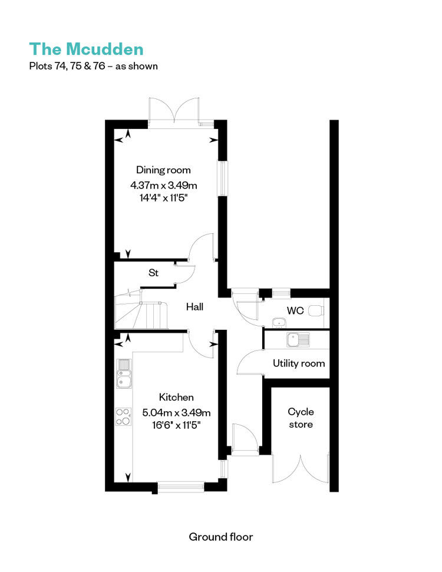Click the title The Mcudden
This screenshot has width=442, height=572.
[87, 49]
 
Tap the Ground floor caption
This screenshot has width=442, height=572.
[221, 537]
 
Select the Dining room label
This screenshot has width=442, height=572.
[163, 170]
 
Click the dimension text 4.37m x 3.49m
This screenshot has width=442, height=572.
[163, 186]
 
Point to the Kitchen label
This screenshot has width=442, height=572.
[176, 397]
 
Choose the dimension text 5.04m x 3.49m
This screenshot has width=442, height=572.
[176, 412]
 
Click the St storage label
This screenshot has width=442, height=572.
[154, 273]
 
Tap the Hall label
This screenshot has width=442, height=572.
[194, 307]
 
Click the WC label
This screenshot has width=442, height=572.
[295, 310]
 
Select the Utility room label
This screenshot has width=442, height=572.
[299, 363]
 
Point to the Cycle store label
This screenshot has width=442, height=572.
[301, 418]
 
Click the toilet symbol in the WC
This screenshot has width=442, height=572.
[316, 311]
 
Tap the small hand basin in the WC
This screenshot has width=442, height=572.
[279, 322]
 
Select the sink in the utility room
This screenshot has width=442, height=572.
[298, 340]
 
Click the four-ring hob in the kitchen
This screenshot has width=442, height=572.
[123, 416]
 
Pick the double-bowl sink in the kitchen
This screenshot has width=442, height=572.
[124, 374]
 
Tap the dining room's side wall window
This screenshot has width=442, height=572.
[222, 178]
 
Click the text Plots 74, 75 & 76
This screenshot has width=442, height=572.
[67, 66]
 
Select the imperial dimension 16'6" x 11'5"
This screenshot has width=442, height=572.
[176, 425]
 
